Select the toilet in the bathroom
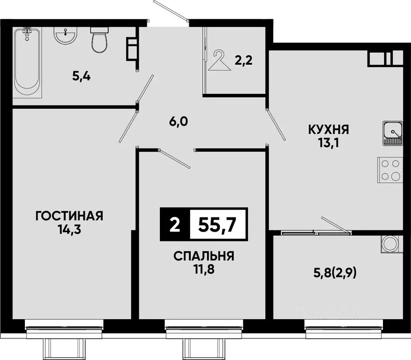click(99, 40)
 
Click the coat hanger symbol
click(219, 61)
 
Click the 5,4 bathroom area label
click(81, 76)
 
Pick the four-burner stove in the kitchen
click(390, 170)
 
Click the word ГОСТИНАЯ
click(69, 216)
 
